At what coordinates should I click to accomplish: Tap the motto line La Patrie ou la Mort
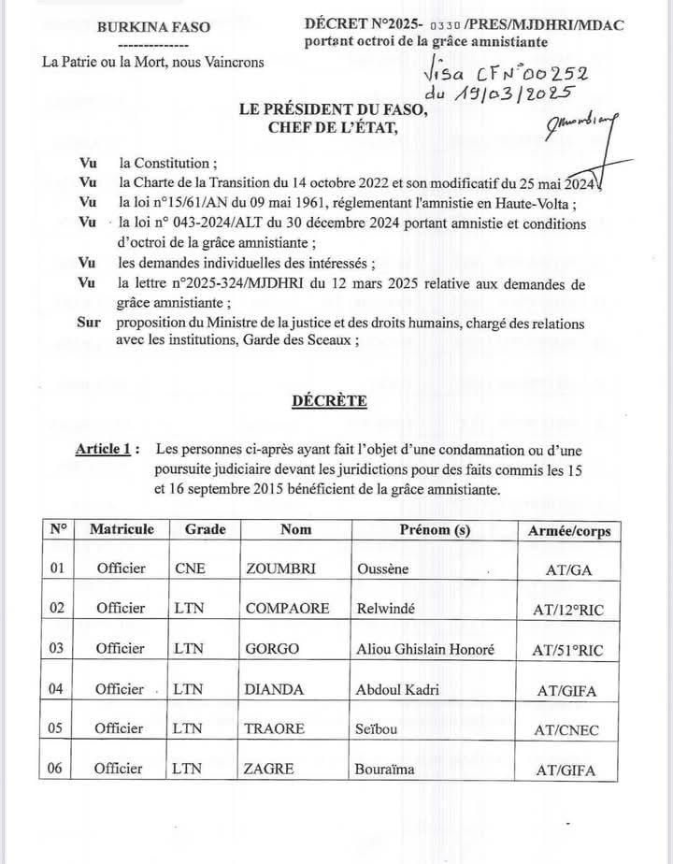[153, 63]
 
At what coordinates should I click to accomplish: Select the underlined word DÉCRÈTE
[329, 401]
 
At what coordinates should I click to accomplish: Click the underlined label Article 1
[107, 450]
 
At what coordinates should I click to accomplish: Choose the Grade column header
[205, 529]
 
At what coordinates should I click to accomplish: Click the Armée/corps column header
[569, 530]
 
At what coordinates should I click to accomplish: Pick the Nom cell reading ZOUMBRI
[277, 568]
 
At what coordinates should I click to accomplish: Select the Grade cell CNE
[190, 568]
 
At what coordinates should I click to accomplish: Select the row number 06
[59, 769]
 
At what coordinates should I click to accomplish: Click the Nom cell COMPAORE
[287, 608]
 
